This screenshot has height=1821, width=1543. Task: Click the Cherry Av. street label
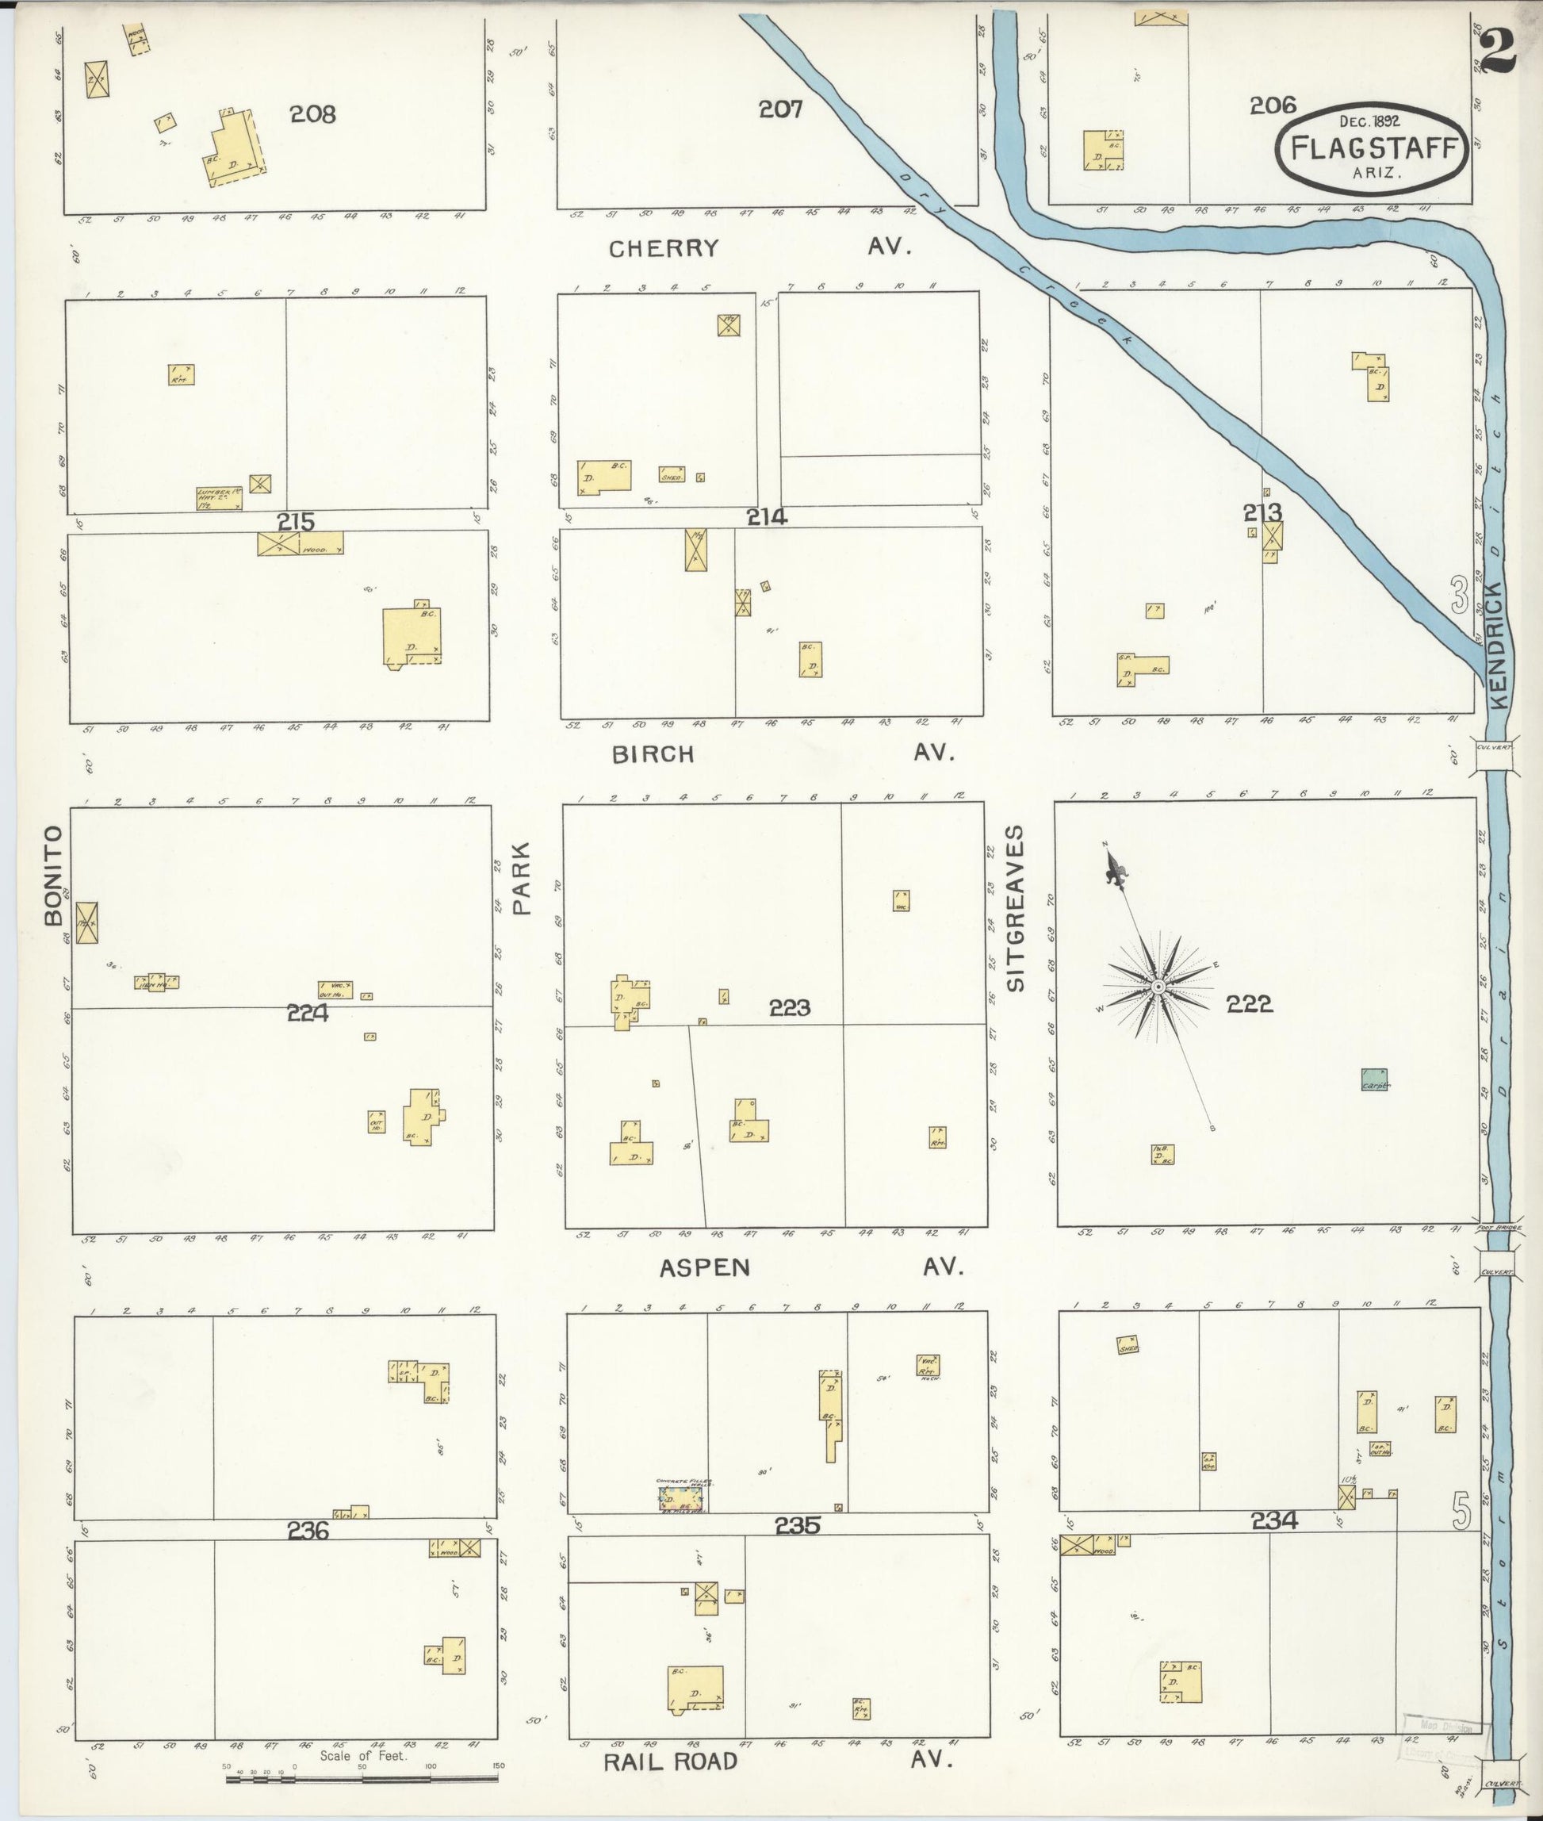tap(664, 248)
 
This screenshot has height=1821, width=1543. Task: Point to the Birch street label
tap(653, 754)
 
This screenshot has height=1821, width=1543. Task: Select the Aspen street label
tap(705, 1268)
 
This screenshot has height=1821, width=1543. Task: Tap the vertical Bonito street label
tap(54, 874)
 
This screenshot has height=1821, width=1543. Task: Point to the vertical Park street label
tap(523, 878)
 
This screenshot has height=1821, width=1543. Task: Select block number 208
tap(313, 113)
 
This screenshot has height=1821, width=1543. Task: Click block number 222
tap(1248, 1005)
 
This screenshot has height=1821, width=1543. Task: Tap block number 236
tap(308, 1531)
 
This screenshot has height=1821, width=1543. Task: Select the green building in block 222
tap(1375, 1079)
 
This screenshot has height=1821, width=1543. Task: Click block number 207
tap(780, 109)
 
